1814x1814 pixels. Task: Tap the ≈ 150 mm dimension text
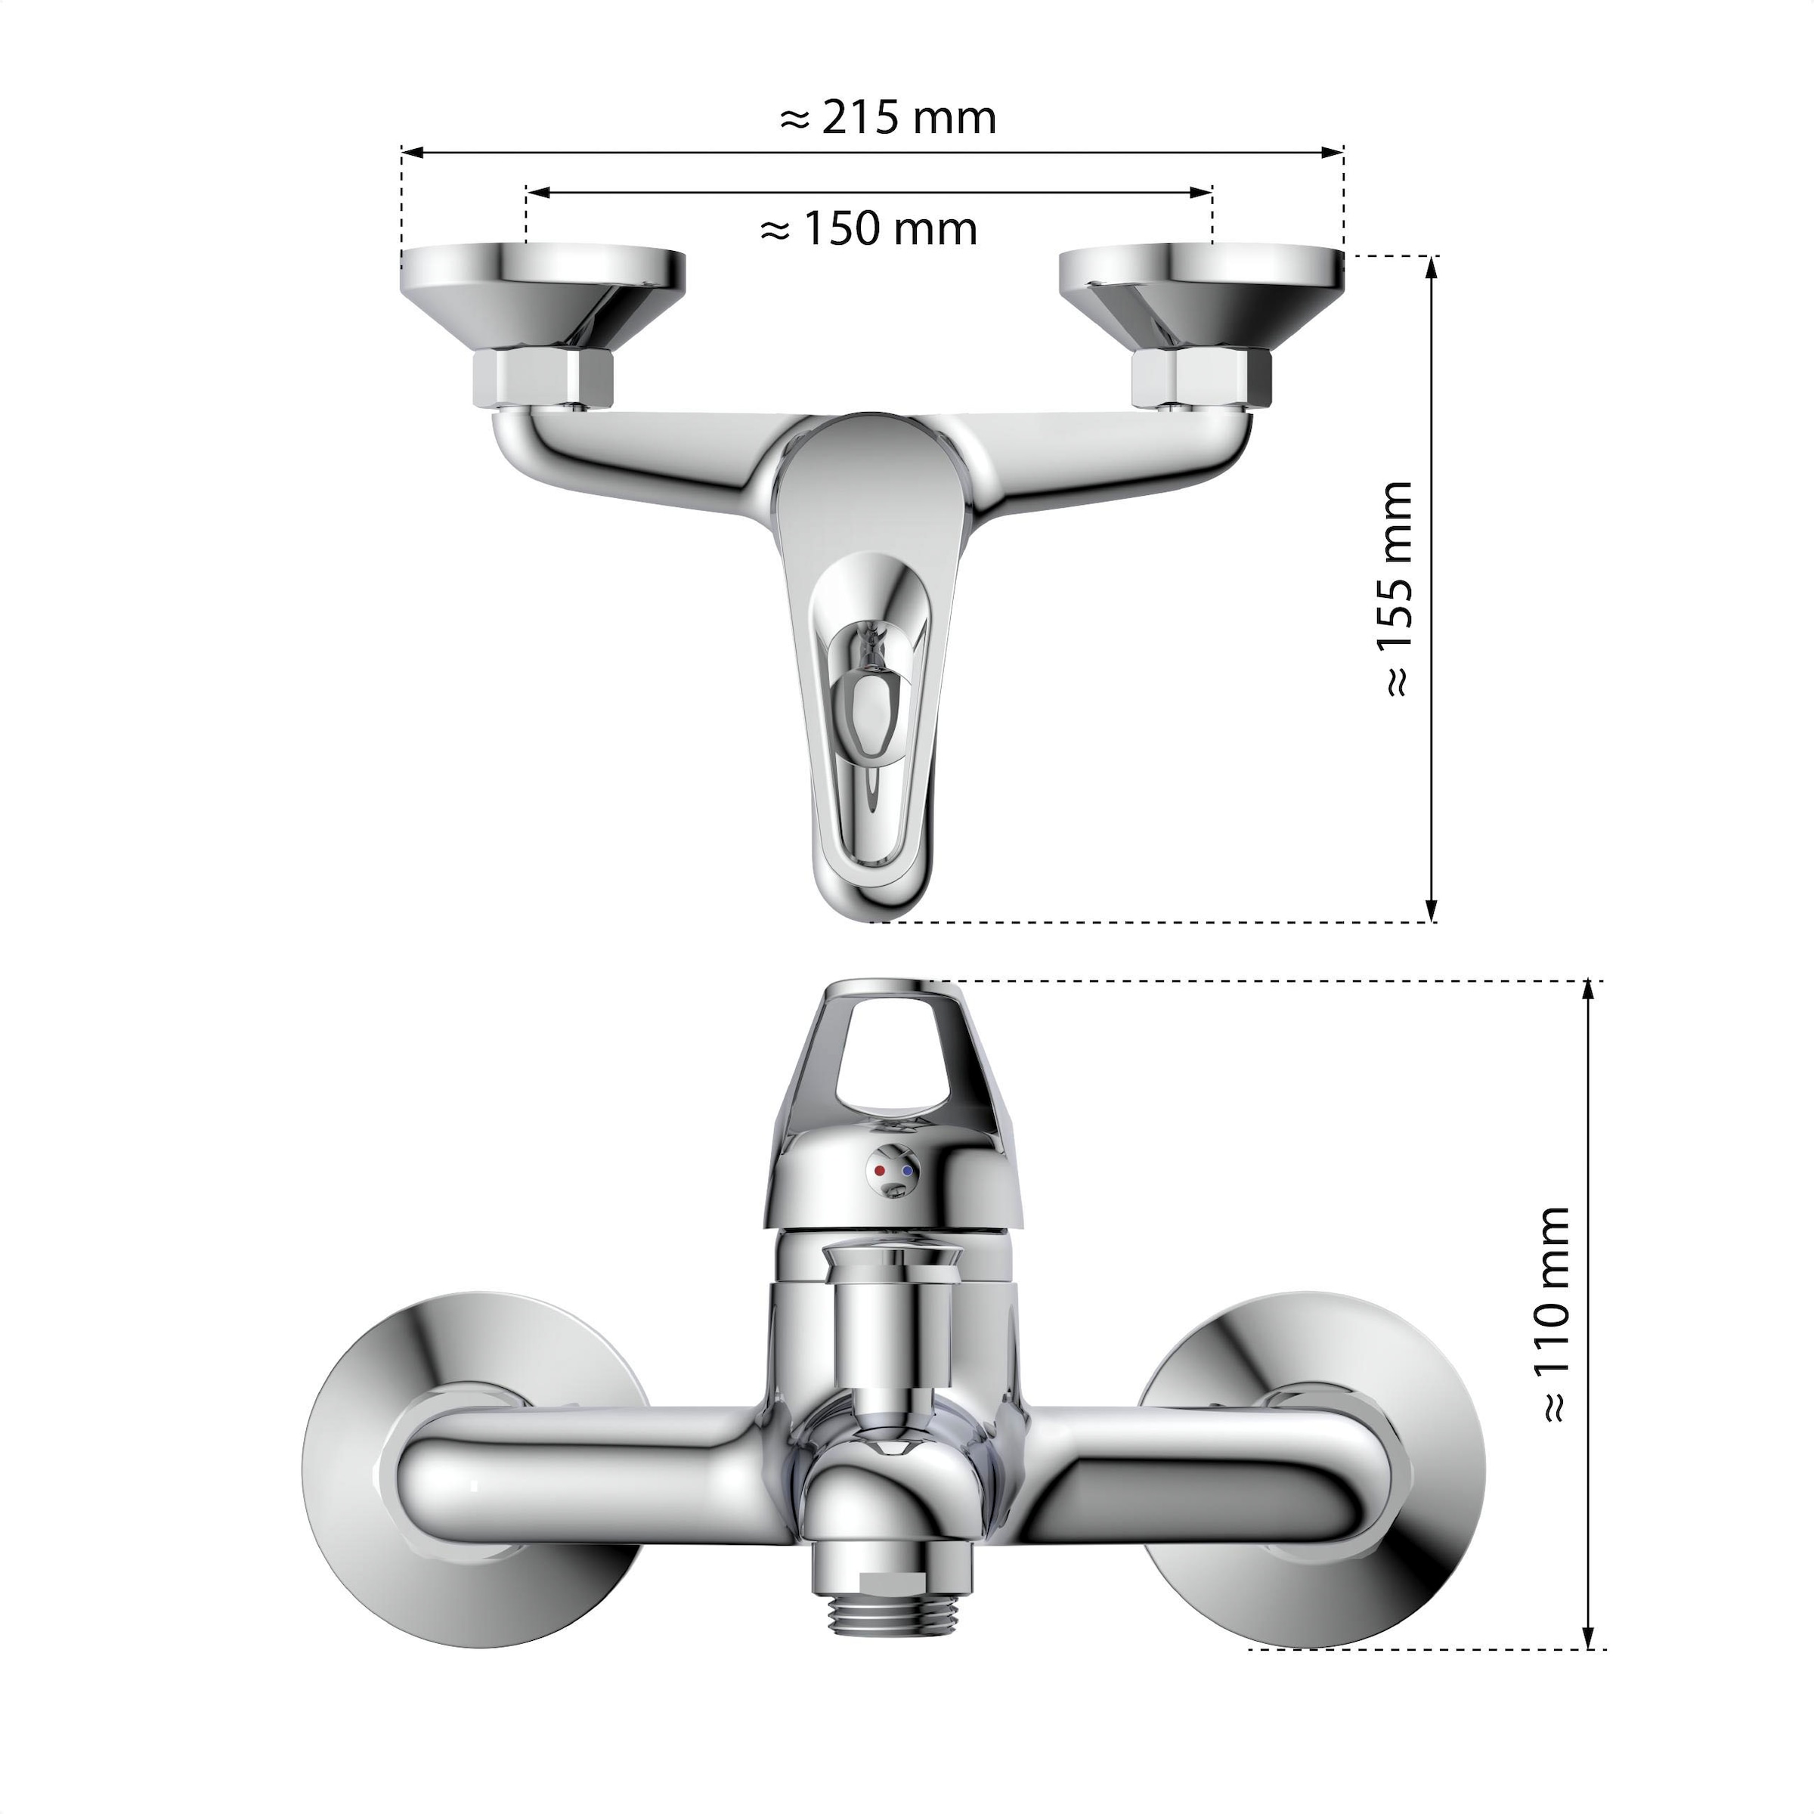pyautogui.click(x=868, y=229)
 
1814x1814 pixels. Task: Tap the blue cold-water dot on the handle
pyautogui.click(x=906, y=1172)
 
